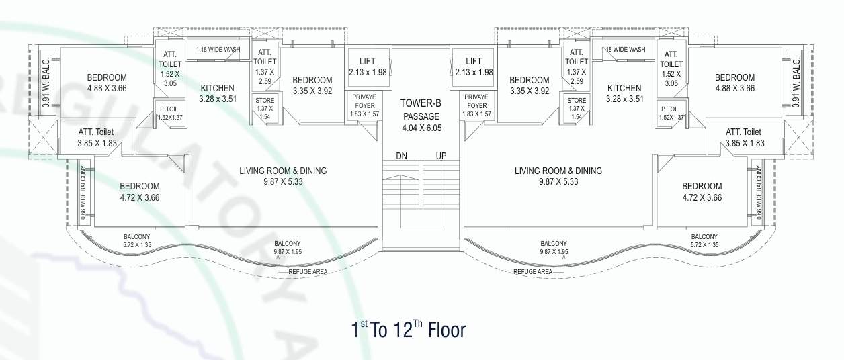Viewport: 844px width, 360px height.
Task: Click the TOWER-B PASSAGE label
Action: click(x=420, y=109)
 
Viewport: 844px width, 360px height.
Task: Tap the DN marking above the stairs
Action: click(x=401, y=156)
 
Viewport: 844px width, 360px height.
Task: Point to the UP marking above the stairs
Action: click(x=441, y=156)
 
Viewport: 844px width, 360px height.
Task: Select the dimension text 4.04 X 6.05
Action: click(x=421, y=128)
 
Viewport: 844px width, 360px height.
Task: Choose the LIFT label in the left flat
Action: click(x=367, y=61)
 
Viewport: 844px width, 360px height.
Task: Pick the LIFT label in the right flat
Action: click(x=474, y=61)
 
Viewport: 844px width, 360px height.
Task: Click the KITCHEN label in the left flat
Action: click(x=217, y=88)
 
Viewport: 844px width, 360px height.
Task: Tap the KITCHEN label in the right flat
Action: click(x=624, y=88)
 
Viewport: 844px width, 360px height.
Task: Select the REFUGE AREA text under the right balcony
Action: click(x=533, y=272)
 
